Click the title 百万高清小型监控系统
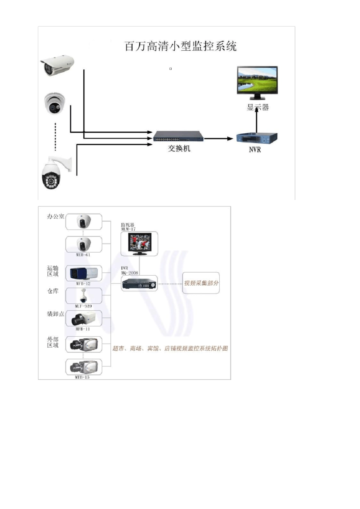pos(180,47)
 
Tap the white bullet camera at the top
pos(57,65)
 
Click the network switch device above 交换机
pos(178,136)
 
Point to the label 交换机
pos(179,149)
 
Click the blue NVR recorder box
pos(257,138)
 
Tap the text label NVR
pos(255,150)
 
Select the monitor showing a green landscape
pos(257,81)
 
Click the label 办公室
pos(55,217)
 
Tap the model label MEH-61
pos(83,255)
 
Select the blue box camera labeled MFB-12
pos(83,273)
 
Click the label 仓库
pos(53,291)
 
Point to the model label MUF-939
pos(83,306)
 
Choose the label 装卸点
pos(55,314)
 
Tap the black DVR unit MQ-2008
pos(139,283)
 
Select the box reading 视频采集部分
pos(201,283)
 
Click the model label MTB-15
pos(82,377)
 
